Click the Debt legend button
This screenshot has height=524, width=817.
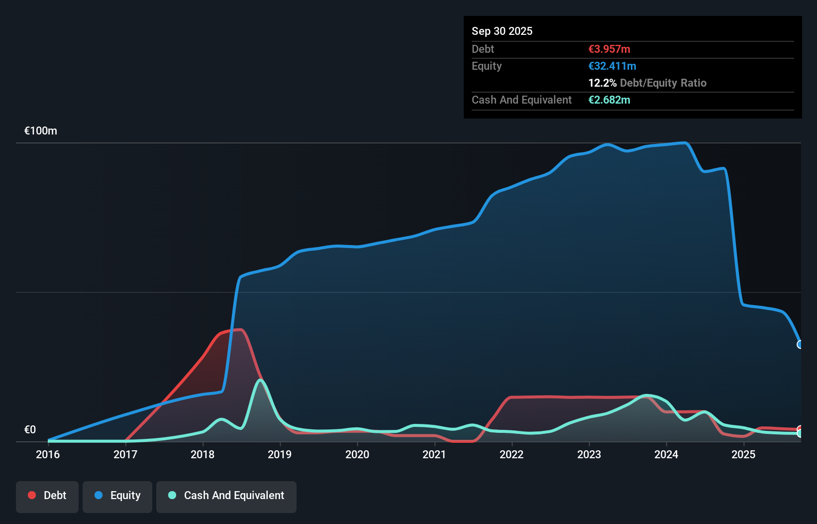coord(47,496)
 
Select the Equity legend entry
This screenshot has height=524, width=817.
coord(117,496)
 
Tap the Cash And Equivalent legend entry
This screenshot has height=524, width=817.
coord(226,496)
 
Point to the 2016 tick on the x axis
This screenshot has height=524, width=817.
coord(48,454)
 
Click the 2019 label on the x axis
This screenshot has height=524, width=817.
coord(280,454)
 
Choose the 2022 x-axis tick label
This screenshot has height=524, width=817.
coord(511,454)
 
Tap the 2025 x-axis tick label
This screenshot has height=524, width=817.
coord(743,454)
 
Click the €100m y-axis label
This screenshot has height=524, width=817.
coord(41,131)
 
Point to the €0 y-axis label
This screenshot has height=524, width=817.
coord(30,429)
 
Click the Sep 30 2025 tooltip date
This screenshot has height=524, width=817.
coord(502,31)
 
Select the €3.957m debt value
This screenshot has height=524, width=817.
coord(609,49)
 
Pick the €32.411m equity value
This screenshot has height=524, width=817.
coord(612,66)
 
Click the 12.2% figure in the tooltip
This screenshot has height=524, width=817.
coord(602,83)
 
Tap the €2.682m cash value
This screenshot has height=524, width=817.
coord(609,100)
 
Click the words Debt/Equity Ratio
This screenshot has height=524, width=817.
coord(663,83)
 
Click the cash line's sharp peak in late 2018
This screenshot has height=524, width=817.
coord(260,381)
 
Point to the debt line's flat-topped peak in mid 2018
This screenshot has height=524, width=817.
coord(234,330)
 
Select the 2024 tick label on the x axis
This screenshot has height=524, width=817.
coord(666,454)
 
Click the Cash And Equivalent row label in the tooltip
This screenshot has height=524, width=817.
coord(521,100)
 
